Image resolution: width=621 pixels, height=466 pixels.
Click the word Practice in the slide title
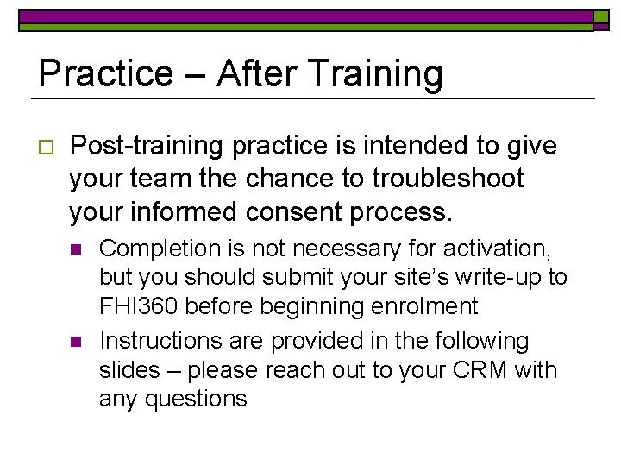tap(105, 73)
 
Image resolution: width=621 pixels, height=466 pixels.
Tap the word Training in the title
tap(377, 75)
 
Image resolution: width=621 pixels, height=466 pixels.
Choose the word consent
tap(326, 211)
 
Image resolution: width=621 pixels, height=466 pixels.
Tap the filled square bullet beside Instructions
tap(75, 343)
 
